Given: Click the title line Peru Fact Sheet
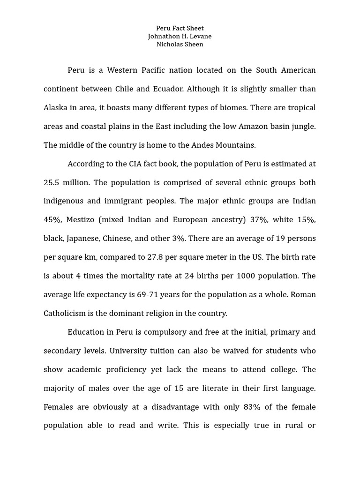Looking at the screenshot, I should (x=180, y=29).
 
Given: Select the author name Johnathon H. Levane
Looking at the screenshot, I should (x=180, y=37).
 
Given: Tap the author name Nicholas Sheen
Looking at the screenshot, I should (x=180, y=45).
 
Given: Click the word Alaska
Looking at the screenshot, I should (x=56, y=108).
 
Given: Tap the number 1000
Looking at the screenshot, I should (x=246, y=276).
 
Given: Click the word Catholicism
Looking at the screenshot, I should (x=65, y=314).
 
